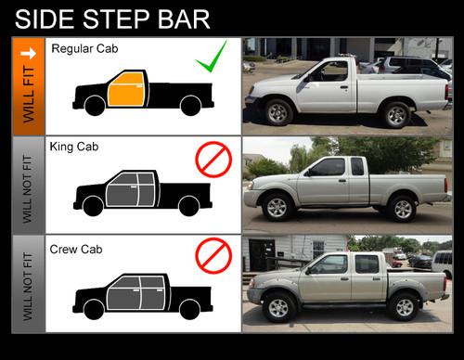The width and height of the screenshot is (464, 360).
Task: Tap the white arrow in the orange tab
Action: tap(28, 54)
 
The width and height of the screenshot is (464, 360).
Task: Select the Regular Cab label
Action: tap(84, 48)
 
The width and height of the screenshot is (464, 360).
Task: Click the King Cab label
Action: tap(74, 147)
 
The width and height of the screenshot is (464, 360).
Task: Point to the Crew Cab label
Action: tap(76, 250)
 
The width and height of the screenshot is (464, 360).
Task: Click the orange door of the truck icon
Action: tap(126, 90)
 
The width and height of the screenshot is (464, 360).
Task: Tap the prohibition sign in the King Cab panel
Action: tap(213, 160)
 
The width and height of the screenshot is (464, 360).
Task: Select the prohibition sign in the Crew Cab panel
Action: tap(213, 256)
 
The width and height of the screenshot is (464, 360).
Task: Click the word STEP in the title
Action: tap(117, 19)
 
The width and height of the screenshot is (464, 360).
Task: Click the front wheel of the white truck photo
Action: tap(278, 112)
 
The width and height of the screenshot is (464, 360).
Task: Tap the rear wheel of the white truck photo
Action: tap(396, 115)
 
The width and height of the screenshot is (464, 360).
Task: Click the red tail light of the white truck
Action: tap(446, 92)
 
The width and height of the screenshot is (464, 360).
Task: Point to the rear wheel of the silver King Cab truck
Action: tap(403, 209)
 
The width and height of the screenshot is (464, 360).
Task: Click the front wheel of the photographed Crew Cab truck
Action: tap(278, 307)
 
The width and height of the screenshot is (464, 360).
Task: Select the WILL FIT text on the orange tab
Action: tap(29, 94)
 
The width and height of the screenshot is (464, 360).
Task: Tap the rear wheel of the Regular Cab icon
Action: tap(190, 105)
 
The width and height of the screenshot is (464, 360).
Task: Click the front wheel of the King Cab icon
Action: tap(93, 206)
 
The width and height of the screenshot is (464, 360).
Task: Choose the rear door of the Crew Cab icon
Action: tap(152, 292)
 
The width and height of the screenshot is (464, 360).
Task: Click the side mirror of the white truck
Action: tap(307, 78)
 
